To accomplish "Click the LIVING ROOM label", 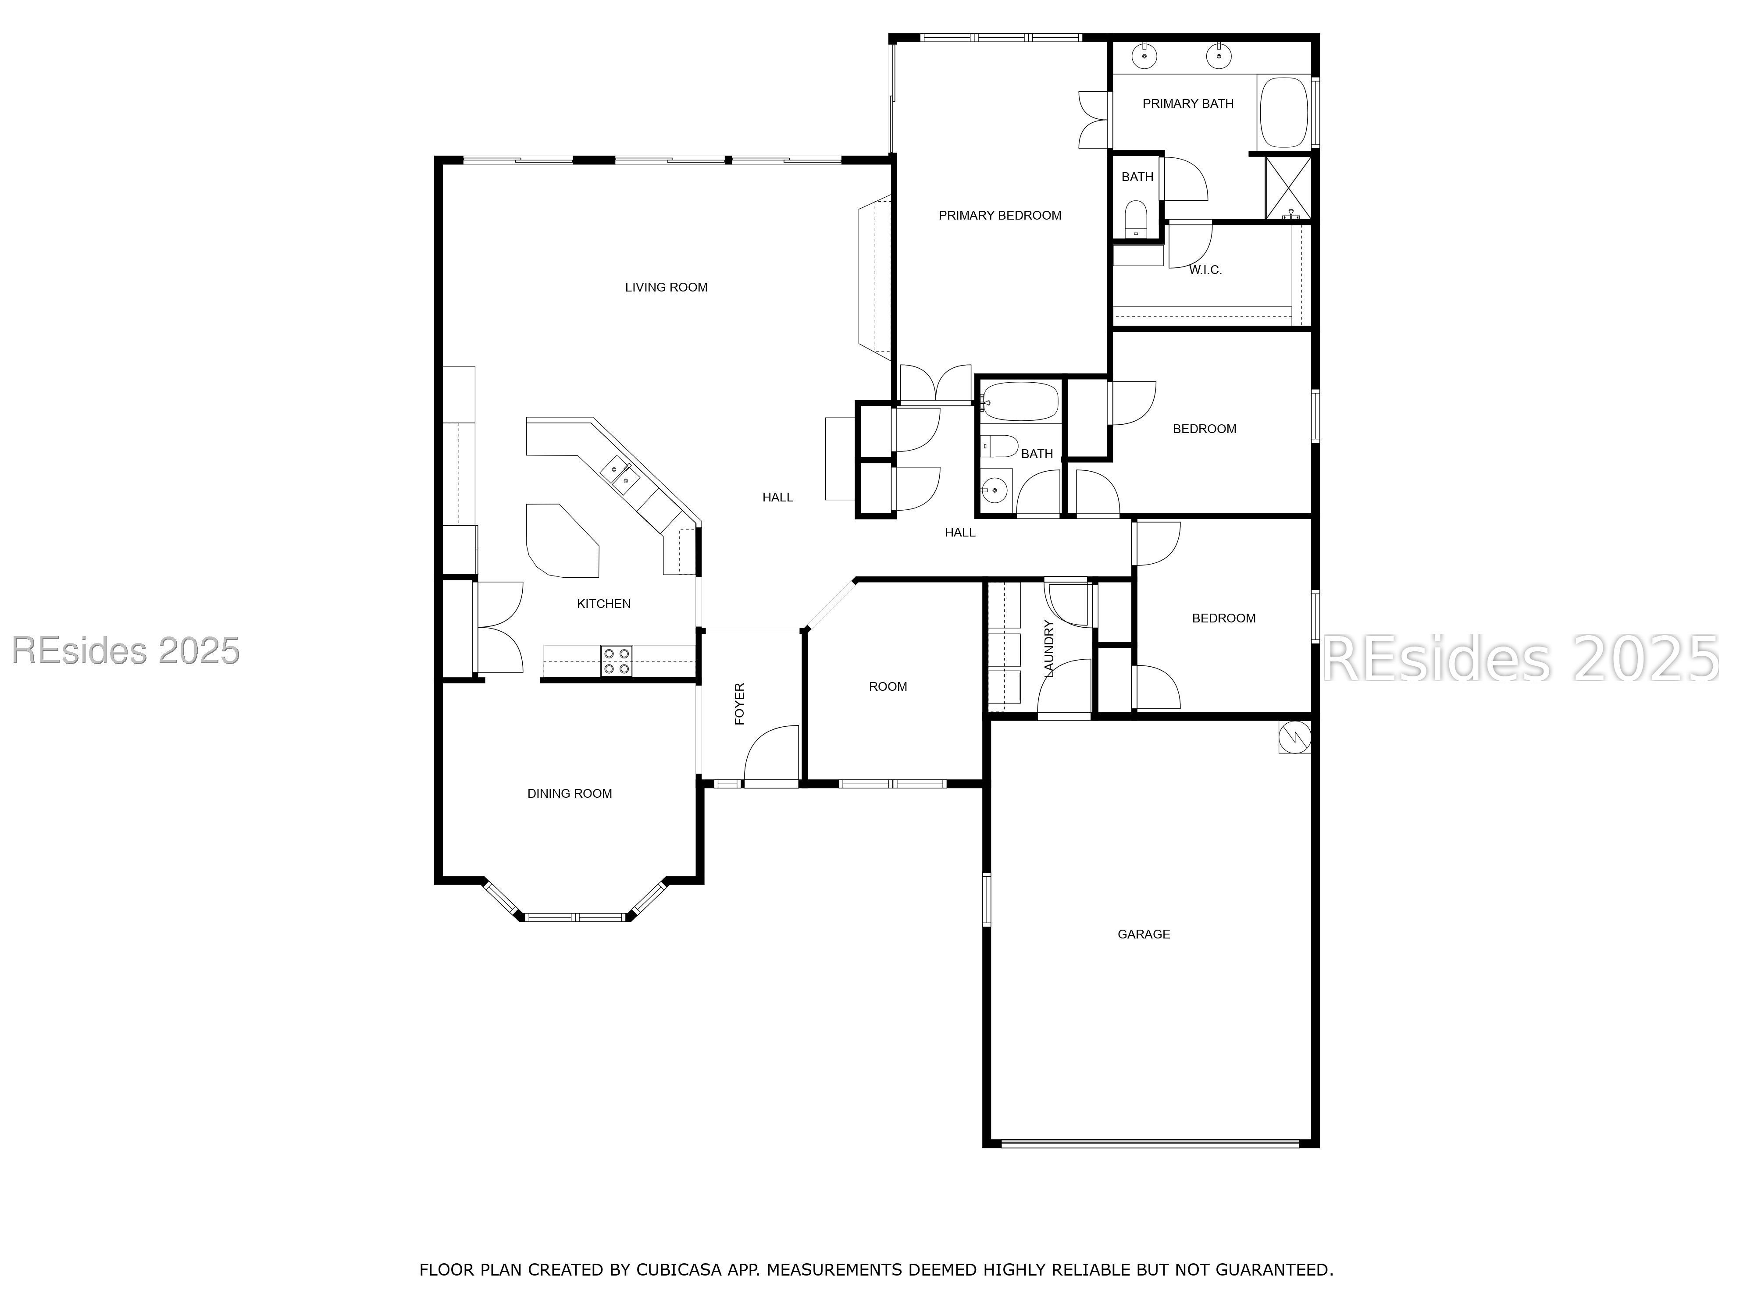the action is [x=666, y=287].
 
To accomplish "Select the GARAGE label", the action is [x=1144, y=934].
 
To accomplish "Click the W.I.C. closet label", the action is [x=1205, y=270].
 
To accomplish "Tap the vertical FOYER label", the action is [x=739, y=704].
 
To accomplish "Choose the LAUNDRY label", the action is [x=1048, y=648].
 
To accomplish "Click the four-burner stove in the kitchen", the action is [x=616, y=661].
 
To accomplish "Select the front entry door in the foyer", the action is [x=771, y=755].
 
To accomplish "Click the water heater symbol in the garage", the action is [x=1294, y=737].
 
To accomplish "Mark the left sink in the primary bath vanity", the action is [x=1144, y=56].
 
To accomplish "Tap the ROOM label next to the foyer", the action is [x=888, y=686].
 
